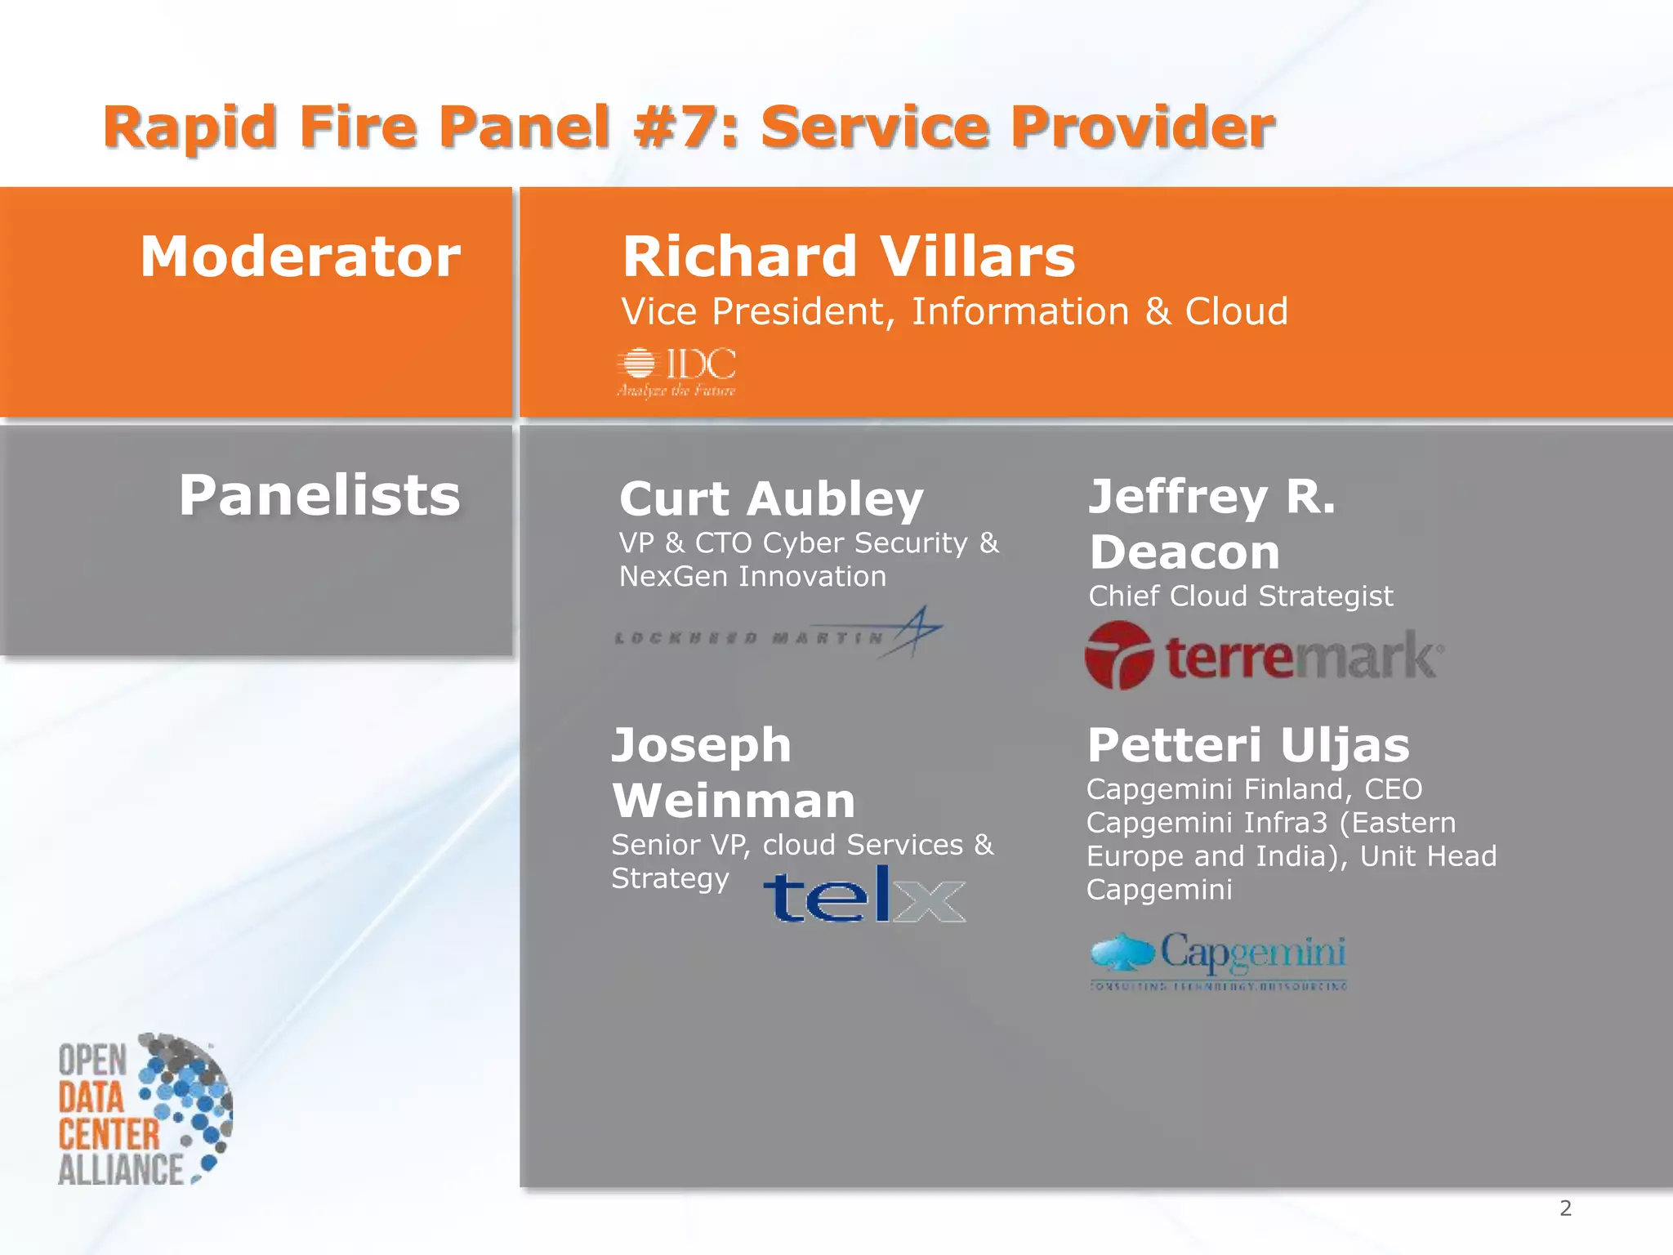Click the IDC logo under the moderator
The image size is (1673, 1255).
[x=676, y=373]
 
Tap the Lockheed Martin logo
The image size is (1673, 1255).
[x=778, y=633]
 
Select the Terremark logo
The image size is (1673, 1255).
[x=1263, y=656]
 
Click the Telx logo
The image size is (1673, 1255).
[x=864, y=895]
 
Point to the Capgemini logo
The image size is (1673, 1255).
[x=1218, y=960]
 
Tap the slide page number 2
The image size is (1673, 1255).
[x=1565, y=1208]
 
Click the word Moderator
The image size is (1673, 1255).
[x=301, y=257]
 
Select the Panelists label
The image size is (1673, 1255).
[x=319, y=495]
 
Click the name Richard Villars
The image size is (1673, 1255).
[x=849, y=257]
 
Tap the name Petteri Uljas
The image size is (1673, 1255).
[x=1248, y=745]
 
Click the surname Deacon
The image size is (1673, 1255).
[x=1184, y=552]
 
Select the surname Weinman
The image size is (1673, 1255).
[x=734, y=801]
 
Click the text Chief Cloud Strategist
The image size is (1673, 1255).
[x=1240, y=596]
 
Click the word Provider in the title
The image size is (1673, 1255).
[x=1141, y=127]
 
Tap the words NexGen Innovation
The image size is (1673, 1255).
[x=752, y=577]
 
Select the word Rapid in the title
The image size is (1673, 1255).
[x=190, y=127]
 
